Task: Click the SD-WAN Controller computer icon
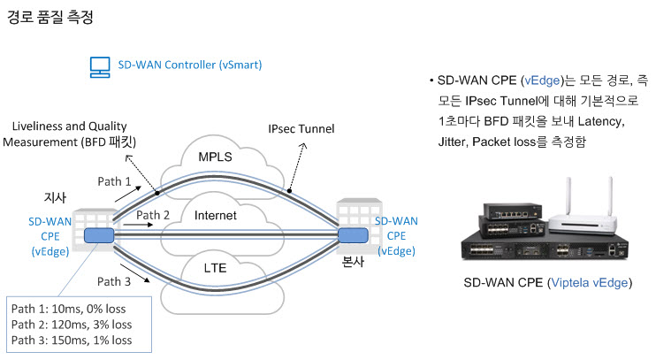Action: tap(100, 67)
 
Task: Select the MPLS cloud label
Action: tap(215, 157)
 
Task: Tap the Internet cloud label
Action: tap(216, 215)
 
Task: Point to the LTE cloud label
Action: tap(215, 268)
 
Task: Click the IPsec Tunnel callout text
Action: tap(301, 129)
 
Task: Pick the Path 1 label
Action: tap(114, 181)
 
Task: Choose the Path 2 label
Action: tap(153, 215)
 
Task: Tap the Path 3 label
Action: tap(114, 282)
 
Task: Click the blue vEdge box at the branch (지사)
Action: tap(99, 235)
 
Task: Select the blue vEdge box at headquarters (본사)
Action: tap(353, 235)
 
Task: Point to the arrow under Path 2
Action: tap(139, 225)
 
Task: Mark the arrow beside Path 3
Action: tap(135, 273)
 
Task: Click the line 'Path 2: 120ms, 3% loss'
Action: tap(72, 325)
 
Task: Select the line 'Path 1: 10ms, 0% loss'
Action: tap(69, 309)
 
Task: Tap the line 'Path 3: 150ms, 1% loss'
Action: tap(72, 341)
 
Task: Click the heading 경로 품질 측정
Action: tap(50, 17)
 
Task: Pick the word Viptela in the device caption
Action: tap(570, 283)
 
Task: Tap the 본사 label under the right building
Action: tap(353, 262)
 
